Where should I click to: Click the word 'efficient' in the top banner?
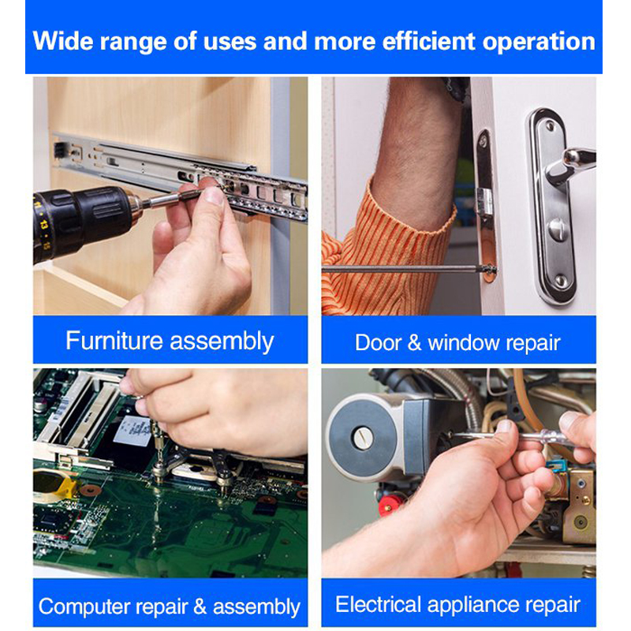pos(428,41)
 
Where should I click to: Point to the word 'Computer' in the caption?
pos(84,607)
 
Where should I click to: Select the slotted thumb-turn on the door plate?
pos(558,230)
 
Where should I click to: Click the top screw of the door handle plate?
pos(549,127)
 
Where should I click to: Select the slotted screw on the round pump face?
pos(362,438)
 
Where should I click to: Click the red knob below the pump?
pos(389,505)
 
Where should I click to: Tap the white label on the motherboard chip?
pos(132,431)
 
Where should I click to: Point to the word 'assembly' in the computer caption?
pos(256,607)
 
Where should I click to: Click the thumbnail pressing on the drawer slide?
pos(214,196)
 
